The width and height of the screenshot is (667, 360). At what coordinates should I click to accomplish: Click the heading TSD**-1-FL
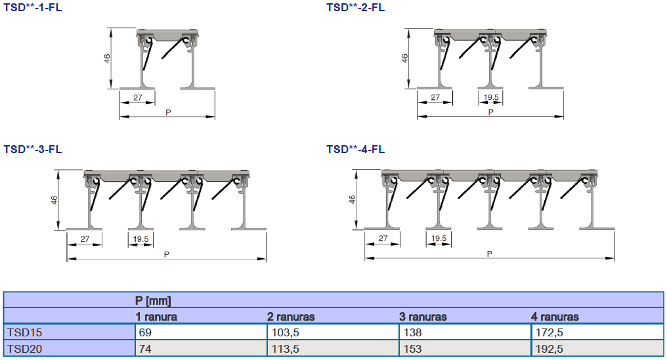pyautogui.click(x=33, y=8)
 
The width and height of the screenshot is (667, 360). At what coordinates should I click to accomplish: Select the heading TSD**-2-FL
pyautogui.click(x=355, y=8)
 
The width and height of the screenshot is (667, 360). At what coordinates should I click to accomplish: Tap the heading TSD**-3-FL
pyautogui.click(x=33, y=149)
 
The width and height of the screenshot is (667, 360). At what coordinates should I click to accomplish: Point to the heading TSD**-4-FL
pyautogui.click(x=355, y=149)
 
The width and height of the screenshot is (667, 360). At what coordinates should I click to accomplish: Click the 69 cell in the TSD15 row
pyautogui.click(x=145, y=332)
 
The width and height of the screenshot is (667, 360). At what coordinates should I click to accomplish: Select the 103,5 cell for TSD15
pyautogui.click(x=285, y=332)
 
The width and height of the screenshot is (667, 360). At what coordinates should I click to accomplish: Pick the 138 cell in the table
pyautogui.click(x=412, y=332)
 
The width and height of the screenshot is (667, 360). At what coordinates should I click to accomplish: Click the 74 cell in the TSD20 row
pyautogui.click(x=145, y=349)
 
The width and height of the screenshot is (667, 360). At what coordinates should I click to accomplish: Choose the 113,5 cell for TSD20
pyautogui.click(x=285, y=349)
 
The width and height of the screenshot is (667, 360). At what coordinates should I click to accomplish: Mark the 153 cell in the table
pyautogui.click(x=412, y=349)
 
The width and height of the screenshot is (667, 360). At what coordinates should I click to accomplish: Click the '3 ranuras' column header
pyautogui.click(x=423, y=317)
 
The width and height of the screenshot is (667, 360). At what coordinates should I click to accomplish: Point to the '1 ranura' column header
pyautogui.click(x=156, y=317)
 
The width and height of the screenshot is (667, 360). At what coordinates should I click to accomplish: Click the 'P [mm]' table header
pyautogui.click(x=153, y=301)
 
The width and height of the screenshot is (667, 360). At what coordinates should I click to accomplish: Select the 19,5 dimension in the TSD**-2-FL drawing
pyautogui.click(x=490, y=97)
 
